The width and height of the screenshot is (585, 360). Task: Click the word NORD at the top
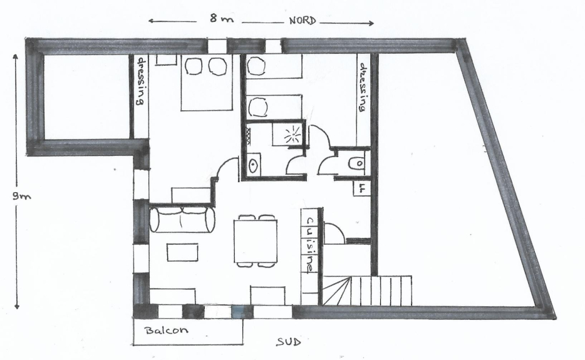point(303,21)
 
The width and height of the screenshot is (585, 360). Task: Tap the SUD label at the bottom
point(288,342)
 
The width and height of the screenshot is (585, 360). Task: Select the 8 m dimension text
point(221,18)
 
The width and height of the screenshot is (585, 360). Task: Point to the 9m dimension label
point(22,196)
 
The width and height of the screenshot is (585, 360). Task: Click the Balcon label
point(167,330)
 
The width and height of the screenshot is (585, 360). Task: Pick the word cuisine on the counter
point(311,245)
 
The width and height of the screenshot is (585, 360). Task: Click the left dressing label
point(141,81)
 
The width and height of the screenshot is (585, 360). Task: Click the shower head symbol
point(292,136)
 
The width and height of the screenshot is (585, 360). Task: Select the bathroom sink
point(254,165)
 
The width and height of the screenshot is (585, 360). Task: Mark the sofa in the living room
point(182,220)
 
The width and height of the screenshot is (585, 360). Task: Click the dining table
point(256,241)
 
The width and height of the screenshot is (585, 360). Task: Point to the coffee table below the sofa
point(182,252)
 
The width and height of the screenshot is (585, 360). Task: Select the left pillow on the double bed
point(194,66)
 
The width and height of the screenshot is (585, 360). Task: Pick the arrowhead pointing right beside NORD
point(371,23)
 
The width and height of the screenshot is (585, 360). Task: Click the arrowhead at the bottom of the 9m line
point(16,306)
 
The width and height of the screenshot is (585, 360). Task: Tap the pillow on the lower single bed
point(258,106)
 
